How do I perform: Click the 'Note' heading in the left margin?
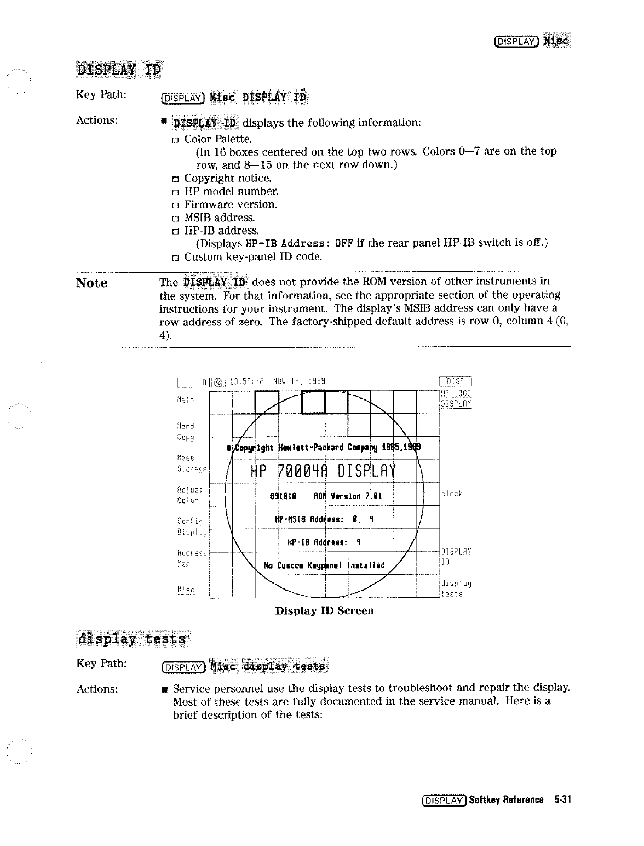point(91,283)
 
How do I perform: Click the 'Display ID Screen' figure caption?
point(324,610)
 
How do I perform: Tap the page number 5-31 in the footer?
point(562,800)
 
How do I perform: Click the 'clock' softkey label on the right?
point(452,494)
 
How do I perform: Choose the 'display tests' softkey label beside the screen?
point(456,588)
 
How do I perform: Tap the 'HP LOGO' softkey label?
point(456,393)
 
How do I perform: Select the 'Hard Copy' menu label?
point(186,431)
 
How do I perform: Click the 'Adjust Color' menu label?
point(189,495)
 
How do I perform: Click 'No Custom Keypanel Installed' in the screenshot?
point(324,565)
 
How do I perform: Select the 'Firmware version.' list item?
point(231,204)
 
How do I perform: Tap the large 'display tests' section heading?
point(131,639)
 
